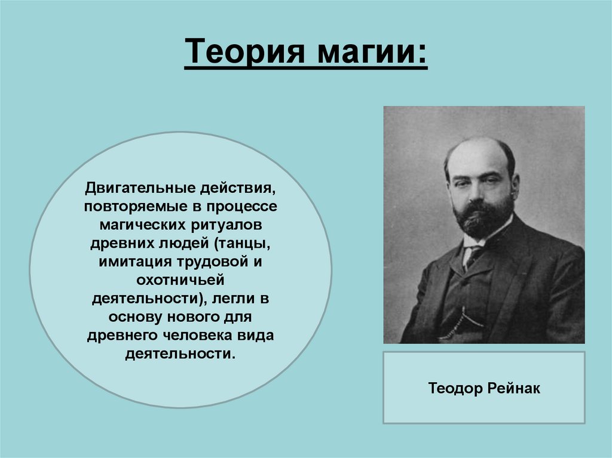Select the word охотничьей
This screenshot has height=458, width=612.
pyautogui.click(x=180, y=281)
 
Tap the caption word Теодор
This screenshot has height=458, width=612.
pyautogui.click(x=455, y=389)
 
